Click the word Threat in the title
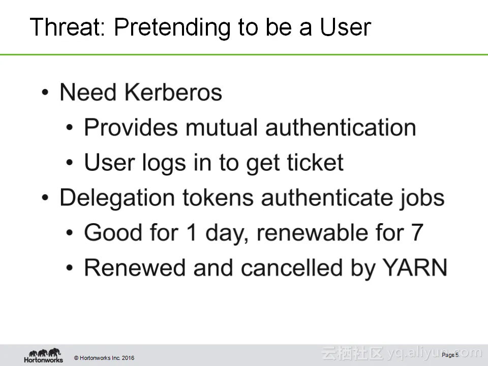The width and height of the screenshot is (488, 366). point(68,27)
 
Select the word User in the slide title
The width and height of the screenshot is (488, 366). point(346,27)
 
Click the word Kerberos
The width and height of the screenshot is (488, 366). point(173,92)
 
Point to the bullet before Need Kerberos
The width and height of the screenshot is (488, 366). point(45,93)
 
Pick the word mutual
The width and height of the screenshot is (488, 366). point(222,127)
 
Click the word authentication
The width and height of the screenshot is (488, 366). point(341,127)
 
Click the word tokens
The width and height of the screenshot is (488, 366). point(218,198)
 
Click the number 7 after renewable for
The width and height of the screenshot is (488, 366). point(417,232)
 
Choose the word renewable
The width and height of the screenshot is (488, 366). point(312,232)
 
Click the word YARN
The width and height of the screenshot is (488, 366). point(415,267)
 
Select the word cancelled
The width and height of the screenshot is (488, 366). point(292,267)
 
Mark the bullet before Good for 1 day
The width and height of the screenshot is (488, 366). point(70,233)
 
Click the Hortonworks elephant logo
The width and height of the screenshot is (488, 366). point(44,356)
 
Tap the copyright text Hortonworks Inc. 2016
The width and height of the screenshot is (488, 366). point(104,358)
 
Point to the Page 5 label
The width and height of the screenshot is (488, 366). point(450,355)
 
